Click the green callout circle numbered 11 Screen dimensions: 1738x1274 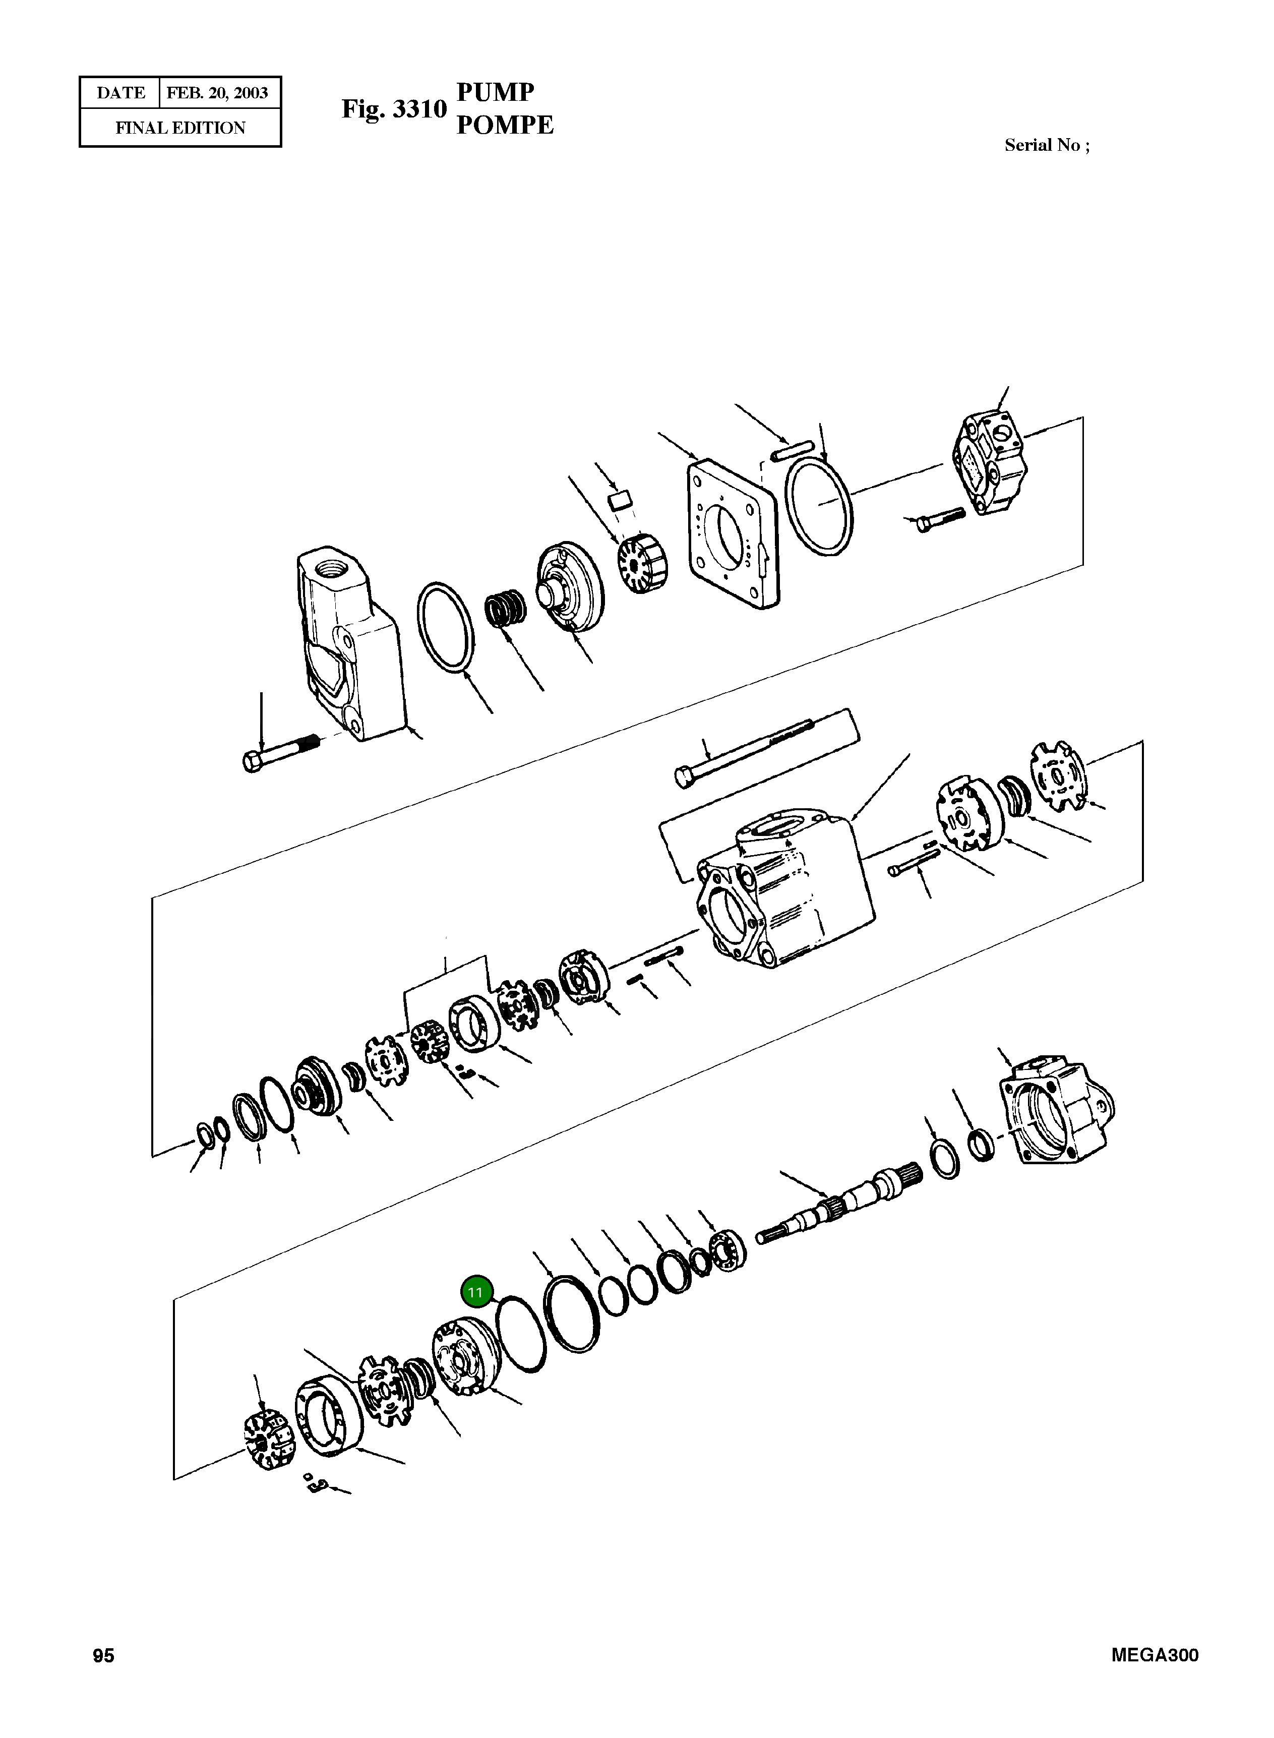pos(476,1292)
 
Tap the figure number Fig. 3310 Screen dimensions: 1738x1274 pos(394,109)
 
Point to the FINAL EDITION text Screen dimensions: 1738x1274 pos(180,128)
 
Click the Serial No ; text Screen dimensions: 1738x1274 pos(1047,145)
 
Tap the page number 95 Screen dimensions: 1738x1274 pos(103,1655)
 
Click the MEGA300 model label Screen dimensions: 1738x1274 pos(1155,1655)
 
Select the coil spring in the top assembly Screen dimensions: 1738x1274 pos(505,609)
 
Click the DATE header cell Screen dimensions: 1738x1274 pos(120,93)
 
